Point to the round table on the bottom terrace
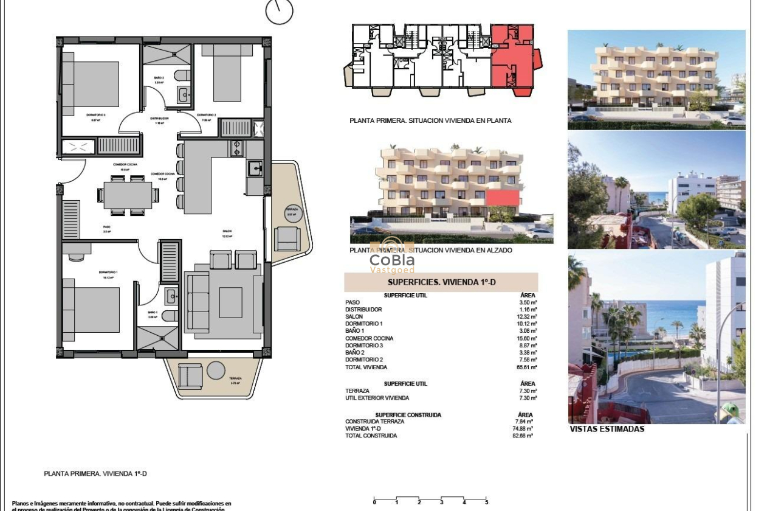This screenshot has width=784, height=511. click(x=216, y=370)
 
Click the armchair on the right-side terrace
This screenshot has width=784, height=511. click(x=286, y=238)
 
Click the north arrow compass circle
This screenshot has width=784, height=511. click(x=279, y=12)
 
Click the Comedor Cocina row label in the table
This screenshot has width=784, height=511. click(x=369, y=338)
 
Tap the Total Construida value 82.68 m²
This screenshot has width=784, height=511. click(x=523, y=436)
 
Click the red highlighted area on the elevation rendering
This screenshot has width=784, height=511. click(x=503, y=198)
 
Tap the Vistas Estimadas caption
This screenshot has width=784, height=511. click(x=607, y=429)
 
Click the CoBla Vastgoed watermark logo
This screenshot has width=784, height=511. click(x=392, y=262)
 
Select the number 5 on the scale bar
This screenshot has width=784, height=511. click(x=486, y=502)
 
